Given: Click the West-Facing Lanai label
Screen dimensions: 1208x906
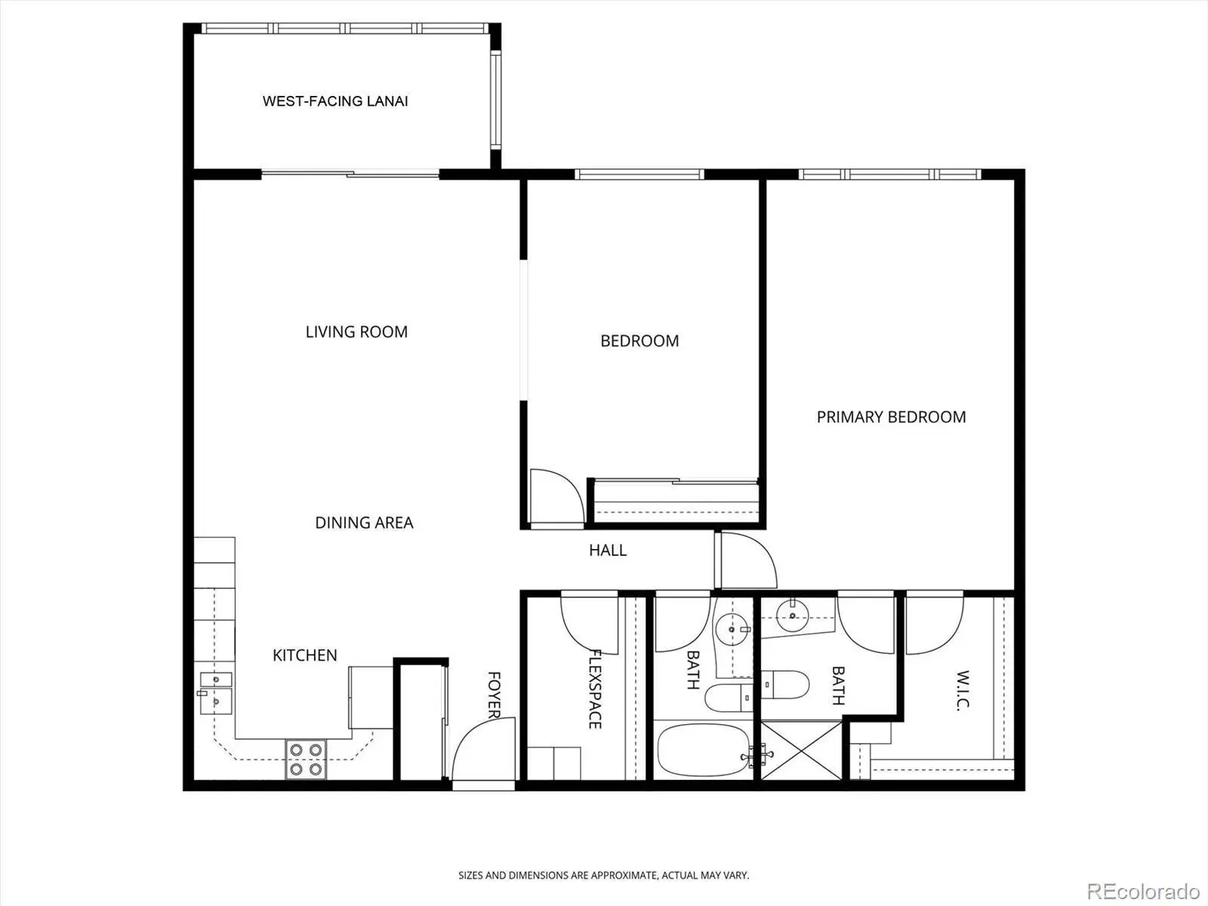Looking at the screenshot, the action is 335,101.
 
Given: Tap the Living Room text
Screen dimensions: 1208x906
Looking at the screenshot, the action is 356,331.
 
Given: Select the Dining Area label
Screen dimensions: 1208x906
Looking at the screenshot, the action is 364,522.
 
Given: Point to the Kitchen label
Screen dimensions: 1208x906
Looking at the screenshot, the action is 305,655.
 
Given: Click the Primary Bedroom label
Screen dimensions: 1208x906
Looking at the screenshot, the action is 891,417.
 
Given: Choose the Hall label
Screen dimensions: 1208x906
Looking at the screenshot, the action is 608,550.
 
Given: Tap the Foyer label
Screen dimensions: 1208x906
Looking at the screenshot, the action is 495,695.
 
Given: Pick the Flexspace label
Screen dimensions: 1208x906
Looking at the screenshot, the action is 595,689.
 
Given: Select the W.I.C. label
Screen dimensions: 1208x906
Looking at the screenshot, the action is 963,691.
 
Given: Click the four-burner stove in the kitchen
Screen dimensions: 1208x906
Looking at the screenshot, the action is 306,759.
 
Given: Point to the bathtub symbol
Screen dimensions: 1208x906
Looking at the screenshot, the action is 704,750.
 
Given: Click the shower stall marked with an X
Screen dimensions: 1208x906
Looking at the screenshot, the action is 801,751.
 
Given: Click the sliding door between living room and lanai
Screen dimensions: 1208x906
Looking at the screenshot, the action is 350,174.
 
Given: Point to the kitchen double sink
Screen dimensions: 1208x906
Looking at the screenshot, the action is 215,693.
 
